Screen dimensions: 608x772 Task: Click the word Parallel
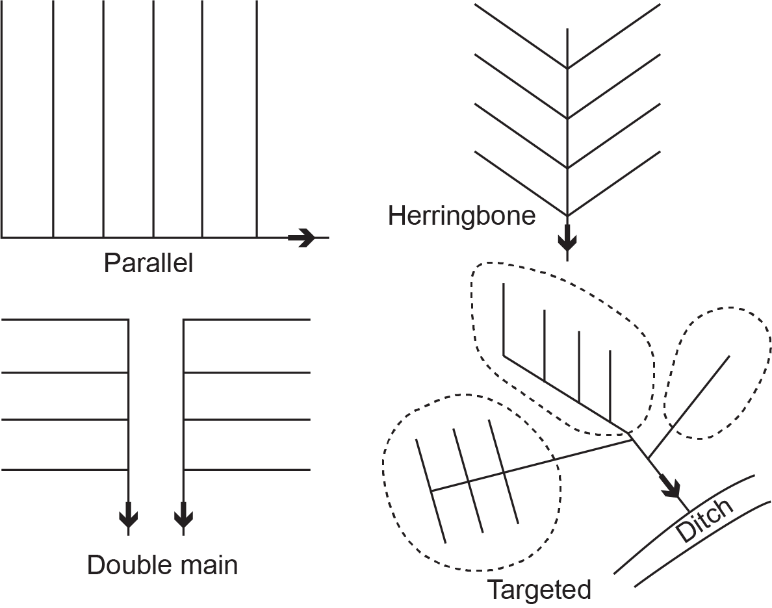point(148,264)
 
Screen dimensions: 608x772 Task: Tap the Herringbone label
point(461,216)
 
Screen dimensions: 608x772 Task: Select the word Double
point(124,565)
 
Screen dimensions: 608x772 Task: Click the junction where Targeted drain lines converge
point(632,439)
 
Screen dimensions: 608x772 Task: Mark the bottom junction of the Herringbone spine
point(568,216)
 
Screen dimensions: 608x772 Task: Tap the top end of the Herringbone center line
point(568,29)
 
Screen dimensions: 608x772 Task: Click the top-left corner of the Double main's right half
point(184,320)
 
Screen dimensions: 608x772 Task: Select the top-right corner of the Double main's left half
point(129,320)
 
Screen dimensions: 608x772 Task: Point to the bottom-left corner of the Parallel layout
point(2,237)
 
